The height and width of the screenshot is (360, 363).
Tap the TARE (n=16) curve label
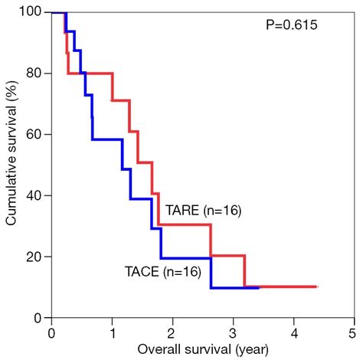click(203, 211)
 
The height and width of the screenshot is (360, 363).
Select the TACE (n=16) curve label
click(162, 270)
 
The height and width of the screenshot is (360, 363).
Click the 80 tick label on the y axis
click(34, 74)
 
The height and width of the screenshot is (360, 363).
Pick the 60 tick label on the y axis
click(34, 135)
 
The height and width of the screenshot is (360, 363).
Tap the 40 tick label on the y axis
click(34, 196)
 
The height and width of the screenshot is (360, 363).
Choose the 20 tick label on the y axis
click(34, 257)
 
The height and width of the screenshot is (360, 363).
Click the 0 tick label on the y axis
click(38, 318)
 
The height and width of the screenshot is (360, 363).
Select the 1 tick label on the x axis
click(112, 333)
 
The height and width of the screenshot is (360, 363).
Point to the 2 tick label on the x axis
click(172, 333)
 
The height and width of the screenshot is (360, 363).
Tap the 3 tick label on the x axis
click(232, 333)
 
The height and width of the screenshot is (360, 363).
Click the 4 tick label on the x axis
click(293, 333)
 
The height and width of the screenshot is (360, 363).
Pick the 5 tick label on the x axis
click(352, 333)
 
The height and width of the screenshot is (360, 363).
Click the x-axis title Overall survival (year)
click(201, 351)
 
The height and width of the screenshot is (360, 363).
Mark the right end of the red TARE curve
click(317, 286)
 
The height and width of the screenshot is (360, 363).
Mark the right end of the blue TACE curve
click(259, 288)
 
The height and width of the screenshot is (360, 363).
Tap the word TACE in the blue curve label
click(141, 270)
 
